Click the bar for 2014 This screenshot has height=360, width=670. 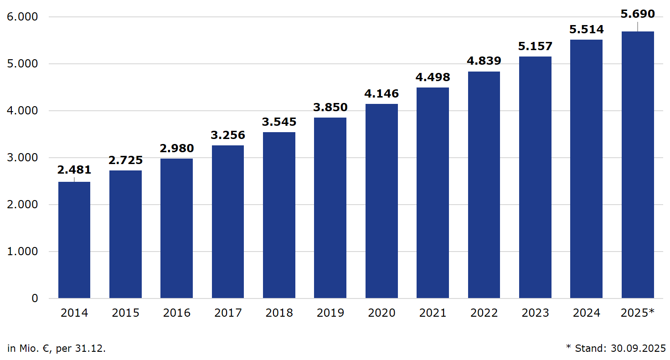click(74, 240)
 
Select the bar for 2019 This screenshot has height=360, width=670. click(330, 208)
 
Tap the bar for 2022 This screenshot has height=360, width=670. click(484, 185)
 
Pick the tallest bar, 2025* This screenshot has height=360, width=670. click(638, 165)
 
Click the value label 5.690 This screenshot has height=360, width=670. click(638, 14)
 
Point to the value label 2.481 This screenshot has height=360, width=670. click(74, 170)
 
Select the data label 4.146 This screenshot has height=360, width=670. click(381, 94)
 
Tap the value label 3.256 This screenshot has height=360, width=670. click(228, 135)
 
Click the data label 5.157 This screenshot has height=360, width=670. click(535, 46)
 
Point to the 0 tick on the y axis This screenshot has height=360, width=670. click(34, 298)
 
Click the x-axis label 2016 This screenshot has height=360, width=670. click(177, 313)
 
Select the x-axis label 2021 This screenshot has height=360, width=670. click(433, 313)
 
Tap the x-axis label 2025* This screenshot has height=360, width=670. click(638, 313)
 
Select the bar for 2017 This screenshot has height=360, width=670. click(228, 222)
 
